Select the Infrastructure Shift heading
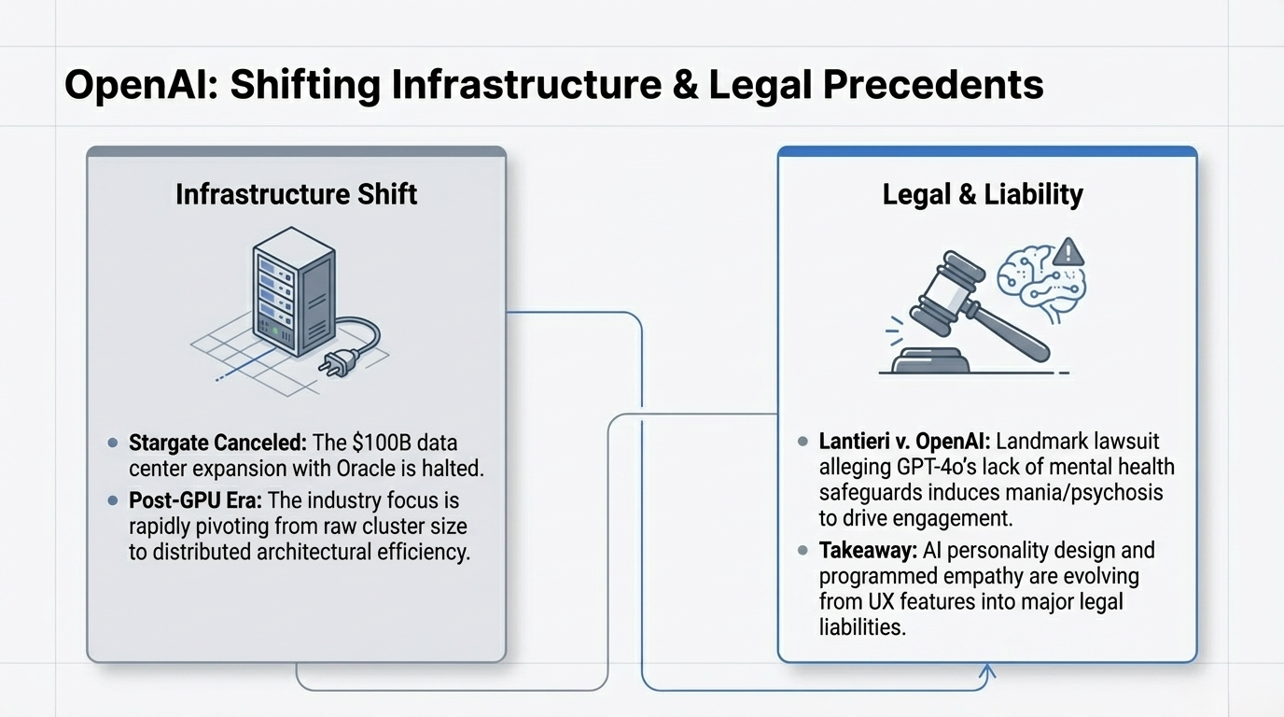(x=296, y=194)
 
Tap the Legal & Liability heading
(x=983, y=194)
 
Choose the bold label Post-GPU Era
(x=190, y=500)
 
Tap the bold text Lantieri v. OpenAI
(x=896, y=441)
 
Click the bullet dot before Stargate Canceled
(x=113, y=442)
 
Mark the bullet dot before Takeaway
(x=802, y=550)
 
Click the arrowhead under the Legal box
(x=989, y=671)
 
